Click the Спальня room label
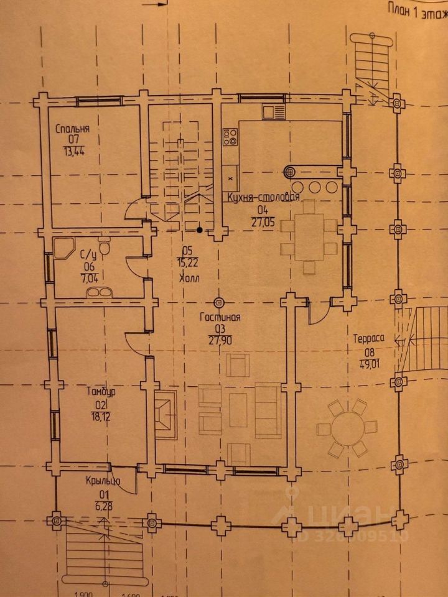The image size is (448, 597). tap(73, 129)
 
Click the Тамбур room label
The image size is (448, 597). tap(100, 392)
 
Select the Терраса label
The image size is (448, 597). tap(369, 339)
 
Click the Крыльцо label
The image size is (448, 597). tap(103, 481)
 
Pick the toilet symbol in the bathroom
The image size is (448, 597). tap(105, 249)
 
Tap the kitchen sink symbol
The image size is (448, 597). tap(273, 113)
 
